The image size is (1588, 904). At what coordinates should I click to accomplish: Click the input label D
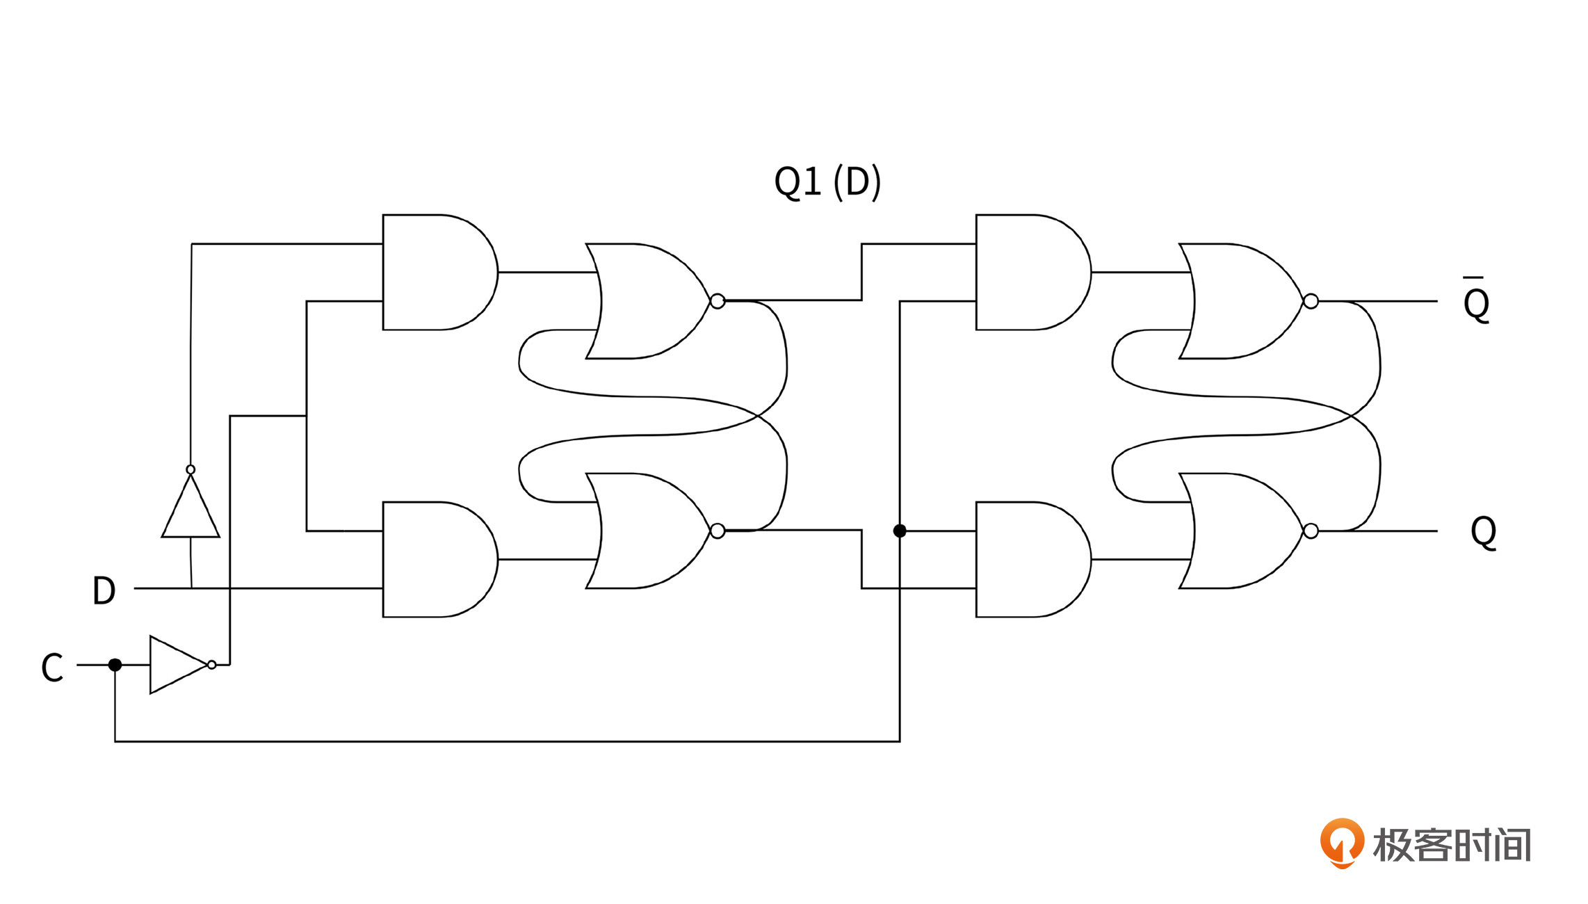(x=104, y=590)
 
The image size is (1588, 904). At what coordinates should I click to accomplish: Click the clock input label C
(x=52, y=668)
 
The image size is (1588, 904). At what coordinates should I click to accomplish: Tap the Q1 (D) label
(x=827, y=182)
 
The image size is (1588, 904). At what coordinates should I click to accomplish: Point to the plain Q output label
(x=1483, y=532)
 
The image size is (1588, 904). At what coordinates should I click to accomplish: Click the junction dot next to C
(x=115, y=665)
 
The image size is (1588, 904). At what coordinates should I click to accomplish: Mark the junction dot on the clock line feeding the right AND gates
(x=900, y=531)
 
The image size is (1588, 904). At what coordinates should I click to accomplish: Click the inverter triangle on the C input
(x=177, y=665)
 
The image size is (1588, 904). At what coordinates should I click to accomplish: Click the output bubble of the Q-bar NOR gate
(x=1311, y=301)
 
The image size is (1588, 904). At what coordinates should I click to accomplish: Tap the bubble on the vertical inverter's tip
(x=191, y=469)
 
